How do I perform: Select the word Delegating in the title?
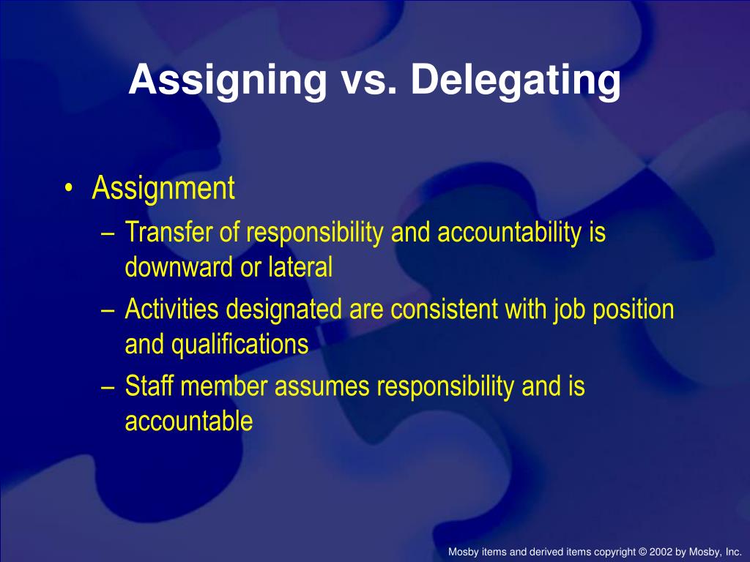point(516,80)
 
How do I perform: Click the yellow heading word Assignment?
point(163,189)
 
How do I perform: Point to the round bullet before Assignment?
point(68,190)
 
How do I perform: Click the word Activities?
point(172,310)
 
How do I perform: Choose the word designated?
point(283,310)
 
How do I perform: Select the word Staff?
point(149,386)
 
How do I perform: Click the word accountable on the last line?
point(189,421)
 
